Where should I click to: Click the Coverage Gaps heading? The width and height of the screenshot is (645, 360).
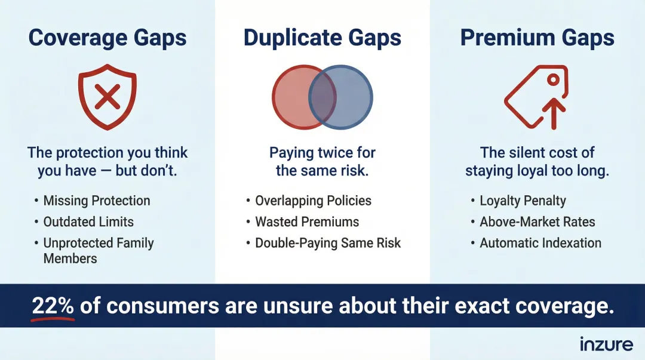coord(107,38)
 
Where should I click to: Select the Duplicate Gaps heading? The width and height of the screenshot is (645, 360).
coord(322,38)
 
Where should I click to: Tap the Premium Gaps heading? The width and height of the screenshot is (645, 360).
coord(537,38)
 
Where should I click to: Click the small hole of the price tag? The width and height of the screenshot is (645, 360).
coord(554,79)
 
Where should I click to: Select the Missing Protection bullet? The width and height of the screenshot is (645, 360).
coord(97,201)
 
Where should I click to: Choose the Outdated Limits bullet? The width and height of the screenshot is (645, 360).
coord(88,221)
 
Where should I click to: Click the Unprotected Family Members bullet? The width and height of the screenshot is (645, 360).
coord(99,250)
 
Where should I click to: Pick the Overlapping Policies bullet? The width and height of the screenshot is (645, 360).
coord(313,201)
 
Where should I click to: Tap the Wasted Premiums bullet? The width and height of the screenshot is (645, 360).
coord(307,221)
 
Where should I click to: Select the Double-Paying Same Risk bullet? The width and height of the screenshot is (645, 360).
coord(328,243)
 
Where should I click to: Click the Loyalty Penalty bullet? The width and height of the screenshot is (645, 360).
coord(523,201)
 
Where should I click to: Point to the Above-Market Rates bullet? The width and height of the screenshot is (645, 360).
coord(537,221)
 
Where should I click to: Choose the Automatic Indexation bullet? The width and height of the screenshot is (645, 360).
coord(540,243)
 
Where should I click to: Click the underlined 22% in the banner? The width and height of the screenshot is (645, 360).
coord(53,306)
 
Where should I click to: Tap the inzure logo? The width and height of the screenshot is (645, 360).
coord(605,344)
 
